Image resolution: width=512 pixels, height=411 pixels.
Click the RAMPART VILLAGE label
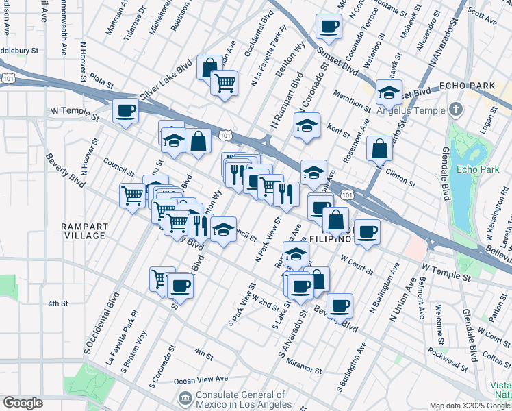[x=83, y=231]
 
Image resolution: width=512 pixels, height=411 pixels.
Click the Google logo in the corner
[x=23, y=403]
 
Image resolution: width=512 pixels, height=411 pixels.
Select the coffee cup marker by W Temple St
[x=125, y=111]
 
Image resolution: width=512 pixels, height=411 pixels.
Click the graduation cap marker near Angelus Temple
[x=389, y=92]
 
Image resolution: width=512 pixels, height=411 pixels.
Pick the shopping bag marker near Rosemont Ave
[x=379, y=149]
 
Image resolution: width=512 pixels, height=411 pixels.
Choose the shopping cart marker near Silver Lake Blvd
[x=224, y=84]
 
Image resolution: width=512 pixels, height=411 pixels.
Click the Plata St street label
[x=101, y=82]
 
